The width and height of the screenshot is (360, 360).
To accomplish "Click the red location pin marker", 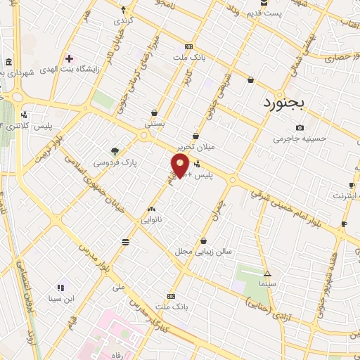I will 180,166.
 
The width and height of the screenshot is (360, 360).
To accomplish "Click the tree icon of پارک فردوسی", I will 115,150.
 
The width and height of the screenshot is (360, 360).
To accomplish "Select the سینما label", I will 266,284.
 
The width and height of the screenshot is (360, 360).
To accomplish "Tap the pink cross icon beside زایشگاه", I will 70,58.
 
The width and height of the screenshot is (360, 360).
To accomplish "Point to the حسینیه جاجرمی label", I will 301,139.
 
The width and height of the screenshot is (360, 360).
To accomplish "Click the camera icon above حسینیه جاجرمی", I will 300,127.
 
